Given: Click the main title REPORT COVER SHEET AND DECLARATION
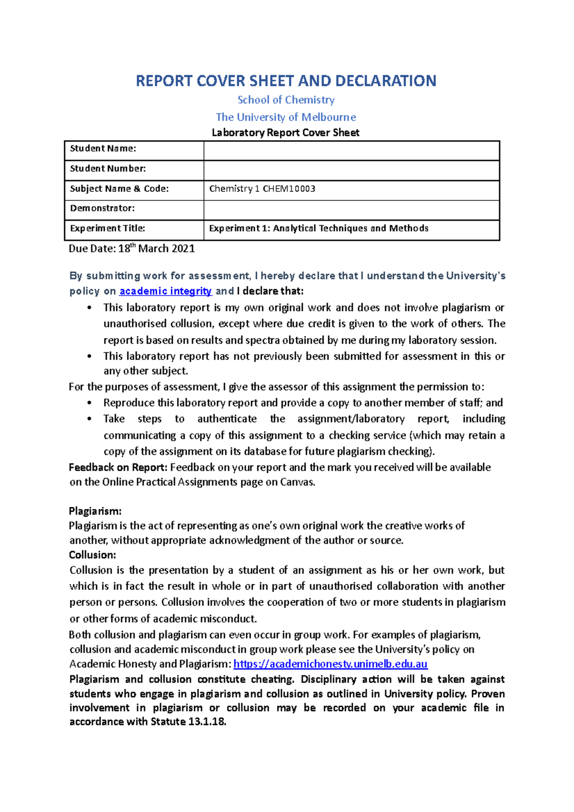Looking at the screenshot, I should [286, 80].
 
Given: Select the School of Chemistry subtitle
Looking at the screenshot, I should [286, 100].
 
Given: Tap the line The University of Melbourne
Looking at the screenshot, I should [286, 117].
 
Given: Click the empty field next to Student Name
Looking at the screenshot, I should [352, 151].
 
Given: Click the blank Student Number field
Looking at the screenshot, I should [352, 170].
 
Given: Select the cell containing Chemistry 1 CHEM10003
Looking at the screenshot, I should [262, 189].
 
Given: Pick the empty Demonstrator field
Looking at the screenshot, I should [352, 210].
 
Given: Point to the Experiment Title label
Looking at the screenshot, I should [108, 229].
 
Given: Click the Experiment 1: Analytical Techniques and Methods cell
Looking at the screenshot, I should [319, 229].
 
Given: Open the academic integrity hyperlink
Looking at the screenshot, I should [166, 291].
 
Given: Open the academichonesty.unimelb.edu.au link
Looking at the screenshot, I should [330, 664].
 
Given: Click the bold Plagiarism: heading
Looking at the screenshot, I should [95, 511].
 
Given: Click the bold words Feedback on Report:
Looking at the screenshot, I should [118, 468].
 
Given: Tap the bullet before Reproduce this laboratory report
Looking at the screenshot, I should [89, 403].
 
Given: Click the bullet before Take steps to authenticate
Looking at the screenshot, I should [89, 419].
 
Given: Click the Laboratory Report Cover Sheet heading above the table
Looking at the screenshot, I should [286, 133].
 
